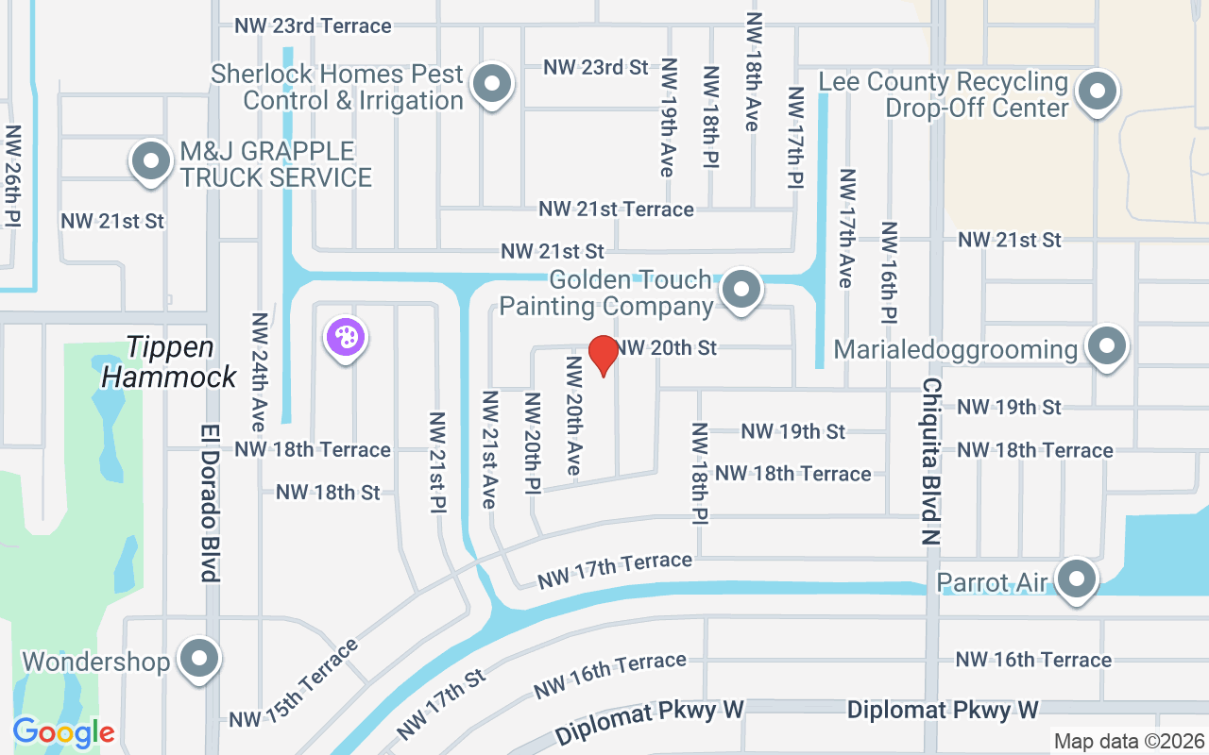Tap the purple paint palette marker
click(x=346, y=338)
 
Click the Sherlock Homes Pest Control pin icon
click(x=491, y=86)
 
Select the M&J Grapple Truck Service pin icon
click(x=150, y=162)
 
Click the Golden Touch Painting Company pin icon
click(x=741, y=290)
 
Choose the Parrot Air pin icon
click(x=1076, y=579)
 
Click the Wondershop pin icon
click(x=199, y=660)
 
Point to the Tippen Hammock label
click(x=169, y=362)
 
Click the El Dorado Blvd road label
click(x=210, y=500)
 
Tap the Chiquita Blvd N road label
click(x=931, y=462)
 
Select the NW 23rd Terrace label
click(x=313, y=25)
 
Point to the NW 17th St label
click(x=441, y=704)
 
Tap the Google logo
click(x=63, y=731)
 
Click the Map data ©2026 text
click(x=1128, y=741)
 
